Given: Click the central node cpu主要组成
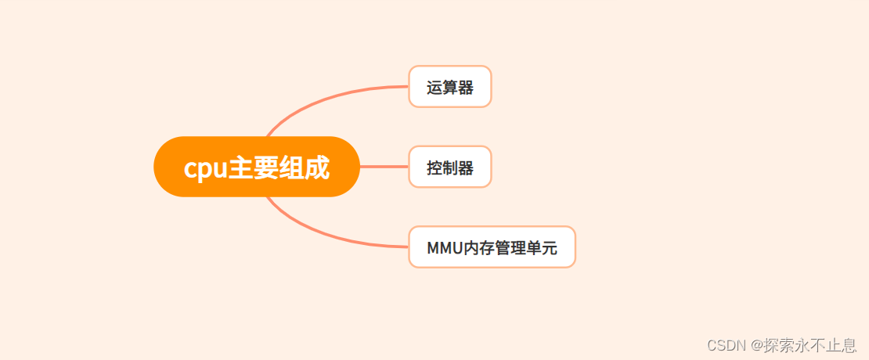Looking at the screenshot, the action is click(x=257, y=167).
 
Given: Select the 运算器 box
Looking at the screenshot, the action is click(x=449, y=86).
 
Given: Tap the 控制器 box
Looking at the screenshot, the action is click(x=449, y=167).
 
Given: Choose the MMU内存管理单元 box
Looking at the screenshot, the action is click(x=492, y=247).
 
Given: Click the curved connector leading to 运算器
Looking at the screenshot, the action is click(x=329, y=96).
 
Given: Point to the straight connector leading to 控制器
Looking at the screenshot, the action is click(x=384, y=167).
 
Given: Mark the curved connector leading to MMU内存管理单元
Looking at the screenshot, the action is click(x=329, y=236).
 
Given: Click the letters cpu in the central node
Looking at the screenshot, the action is click(x=205, y=168).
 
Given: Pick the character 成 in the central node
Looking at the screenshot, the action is click(x=317, y=167).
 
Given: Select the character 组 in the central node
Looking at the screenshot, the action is click(x=291, y=167).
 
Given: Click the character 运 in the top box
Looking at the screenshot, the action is click(x=434, y=87).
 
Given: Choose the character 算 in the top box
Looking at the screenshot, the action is click(x=450, y=87).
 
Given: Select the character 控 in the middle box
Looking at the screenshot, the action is click(x=434, y=167).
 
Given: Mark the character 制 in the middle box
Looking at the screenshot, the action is click(x=450, y=167).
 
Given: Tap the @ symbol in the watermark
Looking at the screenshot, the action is click(x=758, y=345).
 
